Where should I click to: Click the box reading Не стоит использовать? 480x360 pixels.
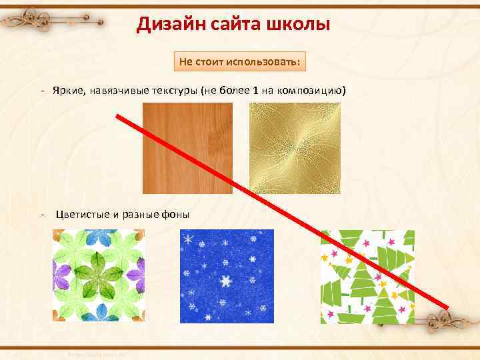(240, 62)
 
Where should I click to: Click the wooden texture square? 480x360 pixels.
(187, 148)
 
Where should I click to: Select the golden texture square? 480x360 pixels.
(295, 148)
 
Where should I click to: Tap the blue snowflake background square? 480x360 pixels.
(227, 277)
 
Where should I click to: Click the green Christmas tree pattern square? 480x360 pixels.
(367, 277)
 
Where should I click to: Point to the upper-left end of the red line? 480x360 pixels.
(118, 117)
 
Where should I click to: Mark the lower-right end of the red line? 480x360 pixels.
(447, 306)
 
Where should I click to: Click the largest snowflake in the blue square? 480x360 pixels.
(226, 281)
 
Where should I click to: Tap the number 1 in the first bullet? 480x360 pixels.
(255, 90)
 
